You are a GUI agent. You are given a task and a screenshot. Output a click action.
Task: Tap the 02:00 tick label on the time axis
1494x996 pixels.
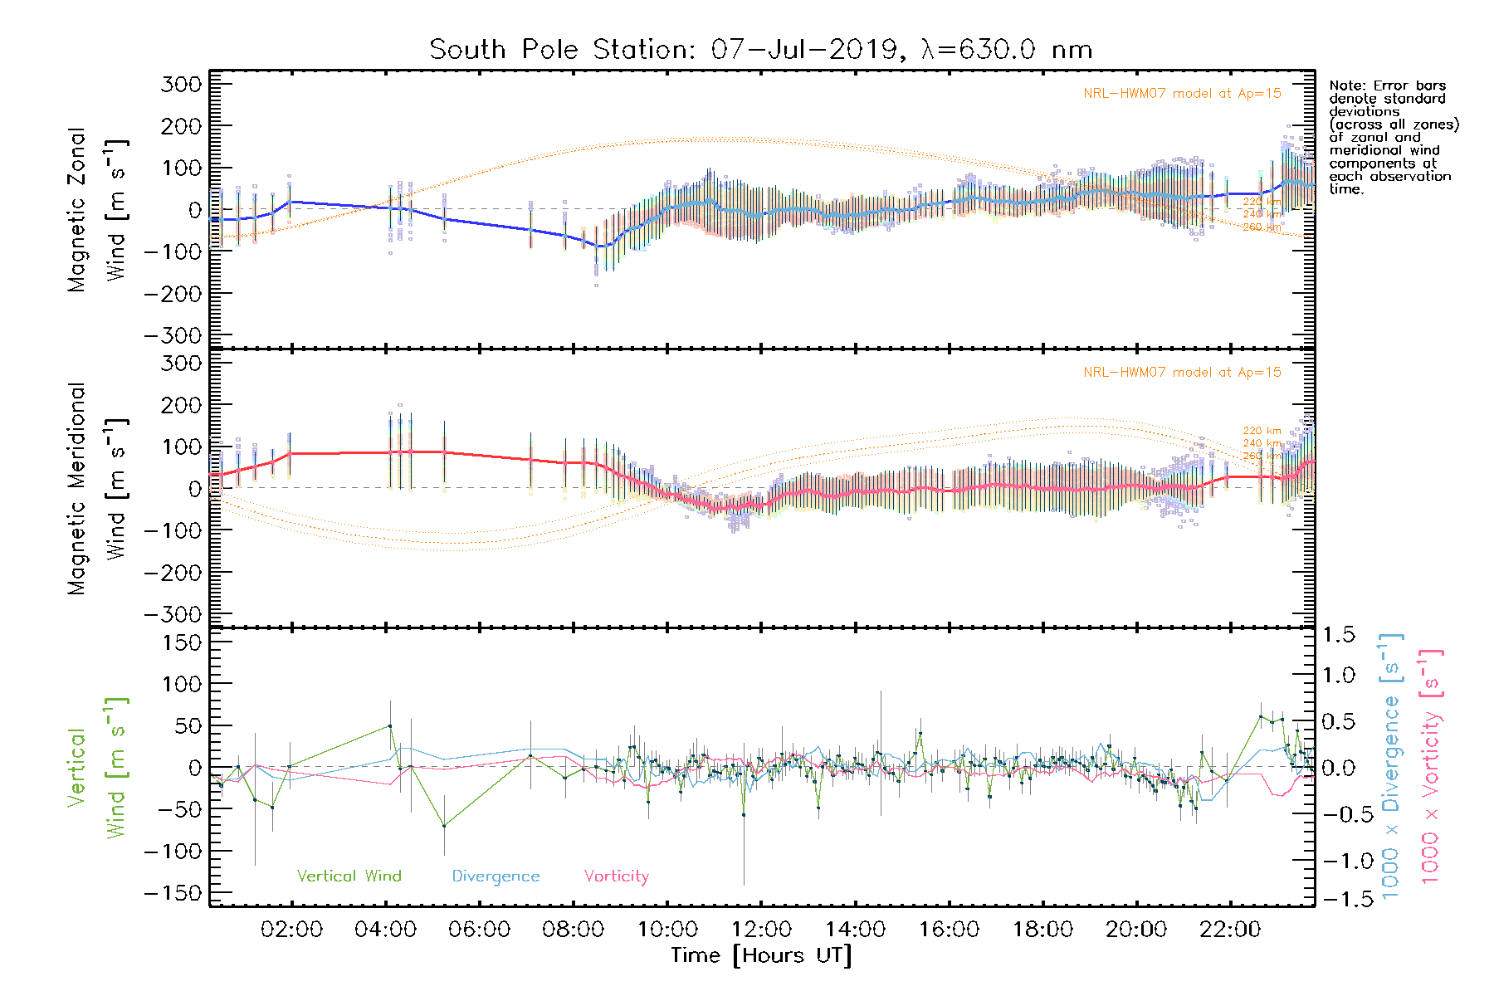click(x=291, y=930)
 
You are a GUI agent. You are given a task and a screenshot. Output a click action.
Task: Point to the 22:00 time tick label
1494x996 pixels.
click(x=1230, y=930)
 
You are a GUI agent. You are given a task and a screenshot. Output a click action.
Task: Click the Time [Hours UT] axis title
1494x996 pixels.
click(x=761, y=955)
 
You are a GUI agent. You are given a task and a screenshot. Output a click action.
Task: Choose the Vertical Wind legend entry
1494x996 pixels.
click(x=349, y=876)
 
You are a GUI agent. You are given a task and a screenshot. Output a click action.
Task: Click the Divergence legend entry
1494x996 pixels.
click(x=496, y=876)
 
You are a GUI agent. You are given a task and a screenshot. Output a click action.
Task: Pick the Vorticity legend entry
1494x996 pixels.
click(x=616, y=876)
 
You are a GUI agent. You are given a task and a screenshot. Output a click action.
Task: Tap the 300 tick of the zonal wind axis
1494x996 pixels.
click(x=181, y=84)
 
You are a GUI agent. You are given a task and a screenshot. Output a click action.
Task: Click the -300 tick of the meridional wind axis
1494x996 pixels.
click(x=173, y=614)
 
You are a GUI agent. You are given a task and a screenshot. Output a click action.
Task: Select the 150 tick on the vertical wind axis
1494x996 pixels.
click(x=181, y=642)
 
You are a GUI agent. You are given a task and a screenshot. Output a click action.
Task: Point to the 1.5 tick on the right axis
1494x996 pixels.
click(x=1338, y=635)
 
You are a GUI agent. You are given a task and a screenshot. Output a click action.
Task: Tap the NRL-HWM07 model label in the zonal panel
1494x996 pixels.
click(x=1182, y=94)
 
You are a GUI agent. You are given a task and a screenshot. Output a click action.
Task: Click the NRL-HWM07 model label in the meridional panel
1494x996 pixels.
click(x=1182, y=373)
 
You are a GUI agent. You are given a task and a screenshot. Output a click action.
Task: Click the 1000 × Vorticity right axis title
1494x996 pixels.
click(x=1430, y=766)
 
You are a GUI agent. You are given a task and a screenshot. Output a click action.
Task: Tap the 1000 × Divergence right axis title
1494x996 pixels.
click(x=1390, y=766)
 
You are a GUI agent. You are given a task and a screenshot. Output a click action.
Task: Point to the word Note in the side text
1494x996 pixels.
click(x=1345, y=85)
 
